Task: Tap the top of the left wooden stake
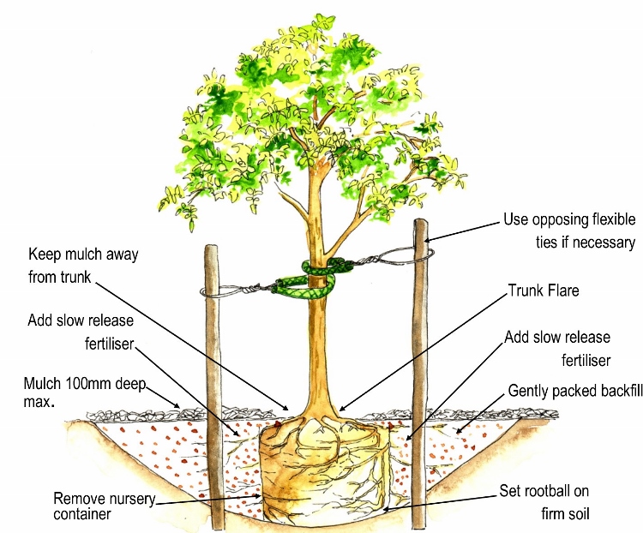click(x=212, y=250)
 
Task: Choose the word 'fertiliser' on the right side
click(x=586, y=360)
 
